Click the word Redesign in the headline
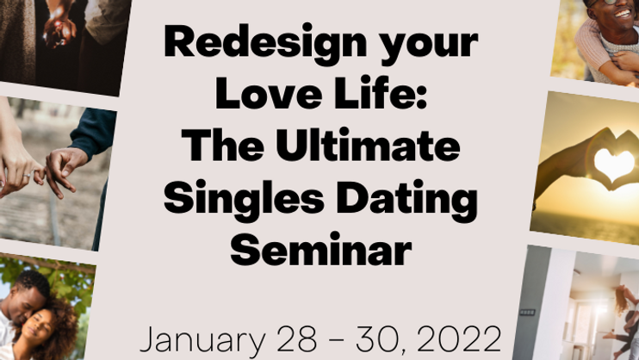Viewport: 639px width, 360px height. [265, 44]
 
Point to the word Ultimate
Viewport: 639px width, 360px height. [367, 146]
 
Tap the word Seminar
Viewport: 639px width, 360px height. [320, 250]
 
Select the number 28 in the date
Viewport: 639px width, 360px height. [296, 338]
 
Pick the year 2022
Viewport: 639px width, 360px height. [459, 338]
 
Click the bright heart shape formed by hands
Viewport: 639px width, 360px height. [614, 164]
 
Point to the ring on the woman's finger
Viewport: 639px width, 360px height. [27, 176]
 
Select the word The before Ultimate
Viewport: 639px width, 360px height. [222, 146]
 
